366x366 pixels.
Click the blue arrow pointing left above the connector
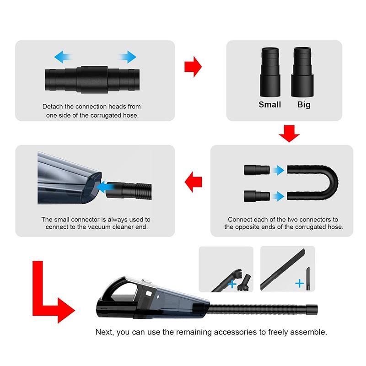pyautogui.click(x=64, y=57)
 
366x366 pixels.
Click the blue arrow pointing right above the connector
pyautogui.click(x=127, y=57)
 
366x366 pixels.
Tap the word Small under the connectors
pyautogui.click(x=270, y=105)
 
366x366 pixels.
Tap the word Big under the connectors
pyautogui.click(x=303, y=105)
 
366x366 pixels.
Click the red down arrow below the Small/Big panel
pyautogui.click(x=289, y=133)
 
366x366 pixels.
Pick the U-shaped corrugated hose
pyautogui.click(x=320, y=183)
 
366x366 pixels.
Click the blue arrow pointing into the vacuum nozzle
pyautogui.click(x=107, y=187)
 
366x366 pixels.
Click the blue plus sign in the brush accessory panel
pyautogui.click(x=231, y=285)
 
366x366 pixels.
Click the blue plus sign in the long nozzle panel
pyautogui.click(x=300, y=284)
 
